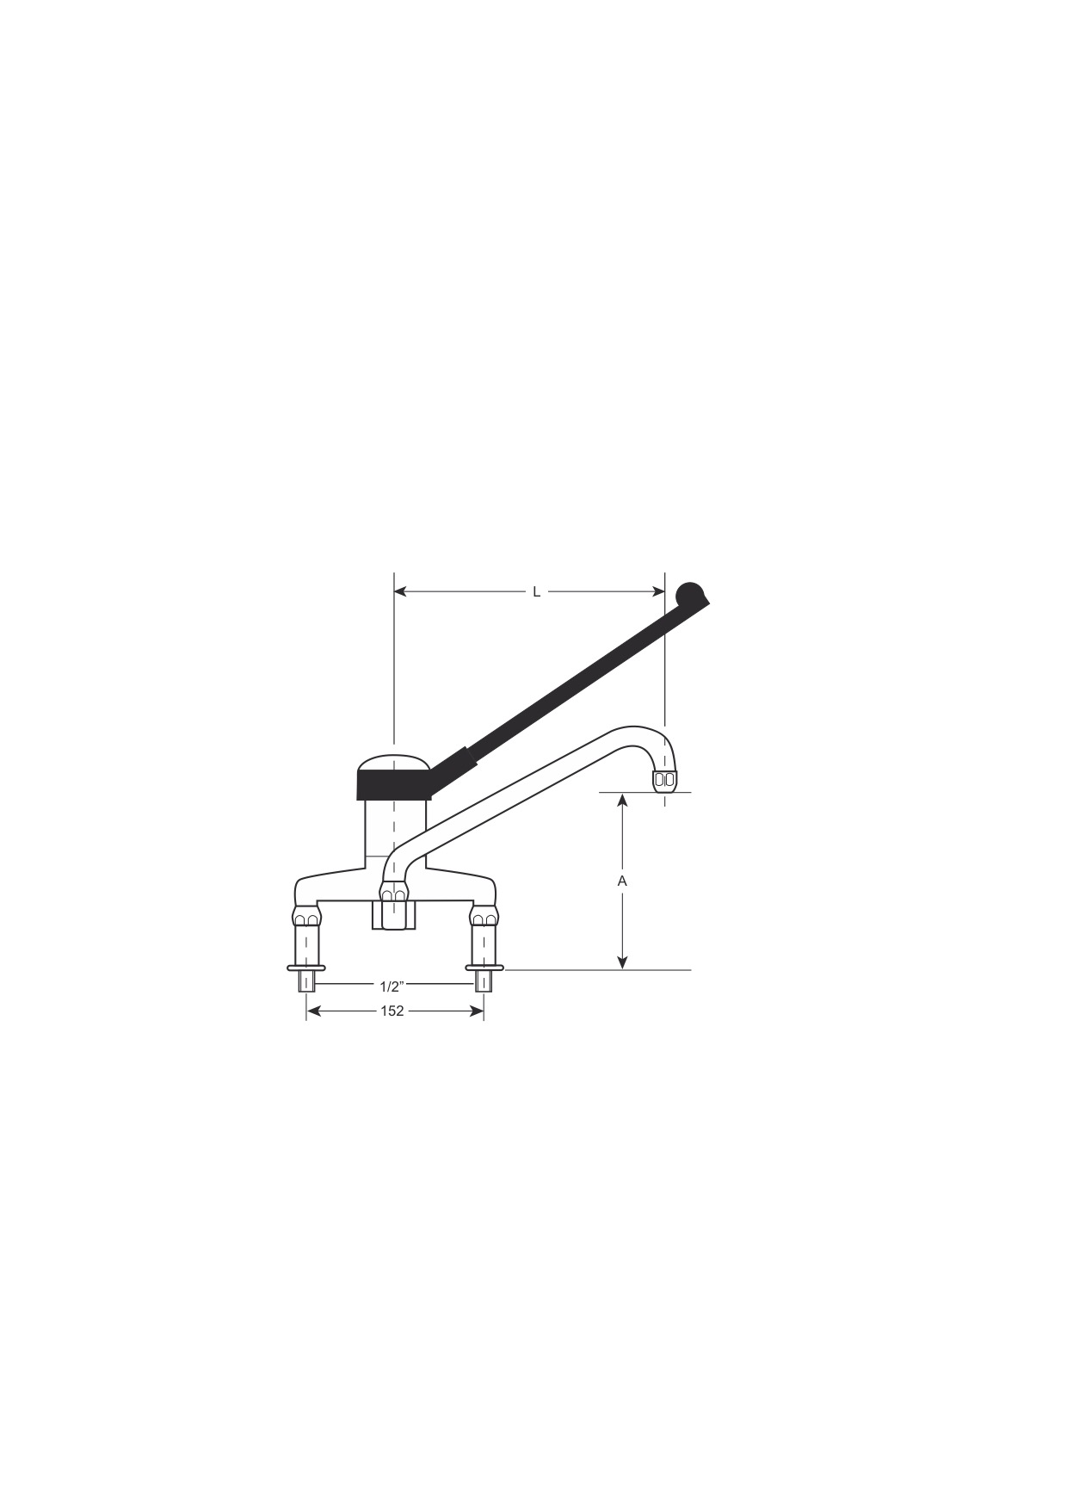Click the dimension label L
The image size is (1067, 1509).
point(536,591)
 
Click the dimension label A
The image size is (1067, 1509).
point(623,881)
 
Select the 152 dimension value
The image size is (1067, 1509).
point(392,1011)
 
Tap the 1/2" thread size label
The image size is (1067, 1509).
point(392,986)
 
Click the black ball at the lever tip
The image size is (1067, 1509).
point(691,596)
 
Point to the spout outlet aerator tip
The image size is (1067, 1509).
point(664,781)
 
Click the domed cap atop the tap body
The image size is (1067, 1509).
point(392,763)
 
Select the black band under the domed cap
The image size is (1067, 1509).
point(392,785)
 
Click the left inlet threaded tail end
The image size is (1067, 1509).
point(306,981)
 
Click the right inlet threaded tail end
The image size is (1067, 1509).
point(484,981)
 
